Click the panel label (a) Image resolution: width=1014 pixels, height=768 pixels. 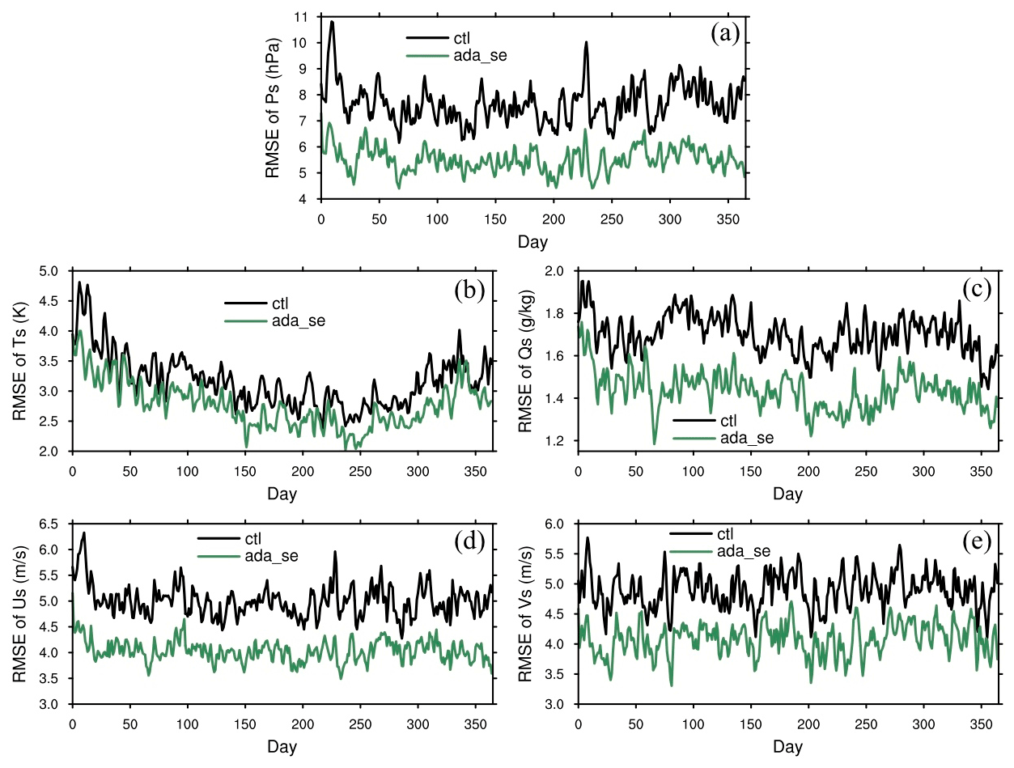coord(724,33)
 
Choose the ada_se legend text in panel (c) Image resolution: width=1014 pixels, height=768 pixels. coord(746,438)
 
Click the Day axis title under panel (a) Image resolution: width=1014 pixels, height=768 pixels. coord(532,241)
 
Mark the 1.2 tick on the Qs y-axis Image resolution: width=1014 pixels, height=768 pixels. coord(556,441)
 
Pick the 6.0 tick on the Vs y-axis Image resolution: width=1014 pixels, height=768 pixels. coord(556,524)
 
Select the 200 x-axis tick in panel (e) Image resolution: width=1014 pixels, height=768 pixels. coord(808,723)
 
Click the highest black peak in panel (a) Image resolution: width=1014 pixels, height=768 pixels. coord(332,22)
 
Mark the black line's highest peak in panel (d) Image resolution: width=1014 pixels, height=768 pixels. coord(83,533)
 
